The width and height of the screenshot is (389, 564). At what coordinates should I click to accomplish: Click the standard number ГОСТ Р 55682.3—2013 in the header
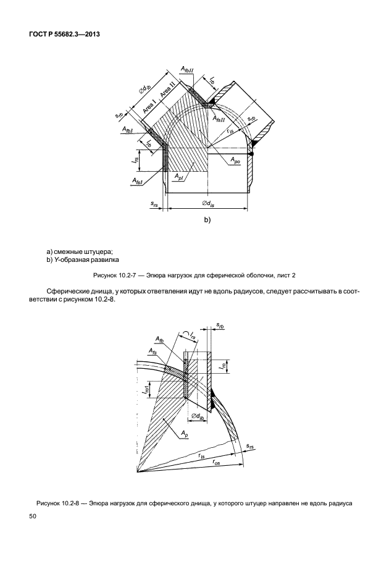(x=64, y=34)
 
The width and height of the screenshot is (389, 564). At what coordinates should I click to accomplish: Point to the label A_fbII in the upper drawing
(x=187, y=73)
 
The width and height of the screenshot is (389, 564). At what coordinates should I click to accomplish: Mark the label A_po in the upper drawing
(x=236, y=160)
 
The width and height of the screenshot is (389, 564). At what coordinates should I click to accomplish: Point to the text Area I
(x=148, y=106)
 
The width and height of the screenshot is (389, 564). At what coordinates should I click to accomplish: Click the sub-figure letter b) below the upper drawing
(x=207, y=220)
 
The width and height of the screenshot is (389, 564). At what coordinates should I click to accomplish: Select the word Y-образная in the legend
(x=75, y=260)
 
